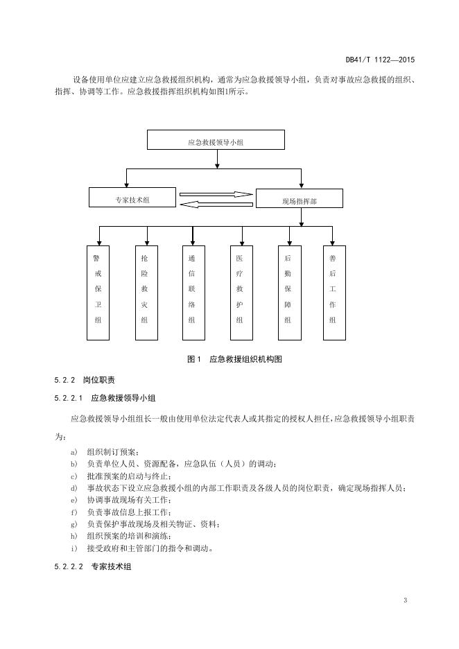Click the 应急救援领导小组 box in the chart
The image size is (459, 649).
tap(216, 140)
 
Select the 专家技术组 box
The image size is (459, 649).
tap(132, 198)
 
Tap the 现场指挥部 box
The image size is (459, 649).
tap(300, 199)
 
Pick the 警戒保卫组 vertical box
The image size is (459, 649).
tap(98, 292)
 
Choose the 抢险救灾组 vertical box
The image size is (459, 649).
tap(144, 292)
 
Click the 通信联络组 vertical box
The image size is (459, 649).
tap(192, 292)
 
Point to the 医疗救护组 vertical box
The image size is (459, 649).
tap(240, 292)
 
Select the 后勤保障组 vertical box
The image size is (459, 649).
tap(288, 292)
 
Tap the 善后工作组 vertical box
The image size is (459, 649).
tap(333, 292)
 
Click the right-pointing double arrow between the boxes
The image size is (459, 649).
tap(216, 194)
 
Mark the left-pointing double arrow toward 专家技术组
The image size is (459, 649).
tap(216, 204)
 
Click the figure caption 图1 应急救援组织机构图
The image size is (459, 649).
tap(234, 359)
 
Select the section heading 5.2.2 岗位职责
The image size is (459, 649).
tap(85, 381)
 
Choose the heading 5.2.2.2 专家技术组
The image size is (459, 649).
tap(92, 566)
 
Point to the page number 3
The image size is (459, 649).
tap(405, 599)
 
